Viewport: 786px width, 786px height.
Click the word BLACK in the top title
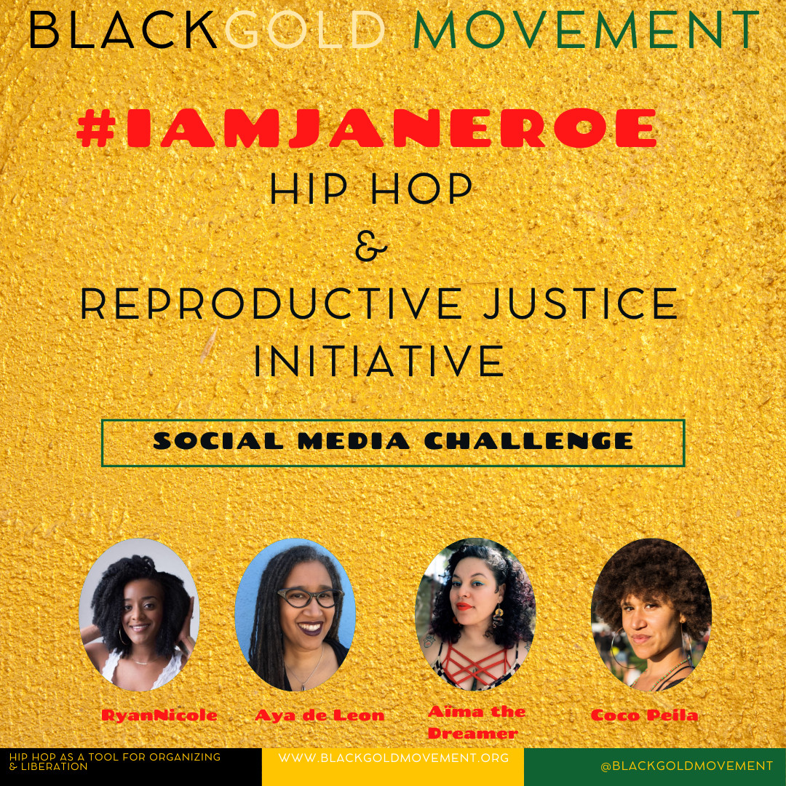pyautogui.click(x=123, y=30)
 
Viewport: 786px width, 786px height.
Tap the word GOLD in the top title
pyautogui.click(x=305, y=30)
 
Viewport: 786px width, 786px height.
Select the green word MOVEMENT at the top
pyautogui.click(x=586, y=30)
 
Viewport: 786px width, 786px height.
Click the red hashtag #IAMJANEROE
pyautogui.click(x=366, y=128)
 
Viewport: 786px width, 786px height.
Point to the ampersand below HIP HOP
pyautogui.click(x=371, y=247)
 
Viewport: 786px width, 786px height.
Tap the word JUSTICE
pyautogui.click(x=581, y=303)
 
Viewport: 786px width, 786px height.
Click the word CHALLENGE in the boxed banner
pyautogui.click(x=529, y=441)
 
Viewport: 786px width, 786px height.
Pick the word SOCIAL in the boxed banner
pyautogui.click(x=218, y=441)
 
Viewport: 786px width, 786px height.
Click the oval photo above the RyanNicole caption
pyautogui.click(x=139, y=614)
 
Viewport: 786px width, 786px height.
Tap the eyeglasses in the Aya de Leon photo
pyautogui.click(x=310, y=598)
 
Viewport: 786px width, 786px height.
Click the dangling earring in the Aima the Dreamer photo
pyautogui.click(x=499, y=619)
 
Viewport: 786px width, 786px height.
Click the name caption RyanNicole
pyautogui.click(x=159, y=715)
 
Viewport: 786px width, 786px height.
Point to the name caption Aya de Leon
pyautogui.click(x=319, y=715)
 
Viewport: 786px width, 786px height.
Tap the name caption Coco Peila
pyautogui.click(x=645, y=715)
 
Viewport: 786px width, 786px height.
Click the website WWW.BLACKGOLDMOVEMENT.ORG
pyautogui.click(x=394, y=758)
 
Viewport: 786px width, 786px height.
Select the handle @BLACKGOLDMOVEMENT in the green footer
pyautogui.click(x=687, y=766)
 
